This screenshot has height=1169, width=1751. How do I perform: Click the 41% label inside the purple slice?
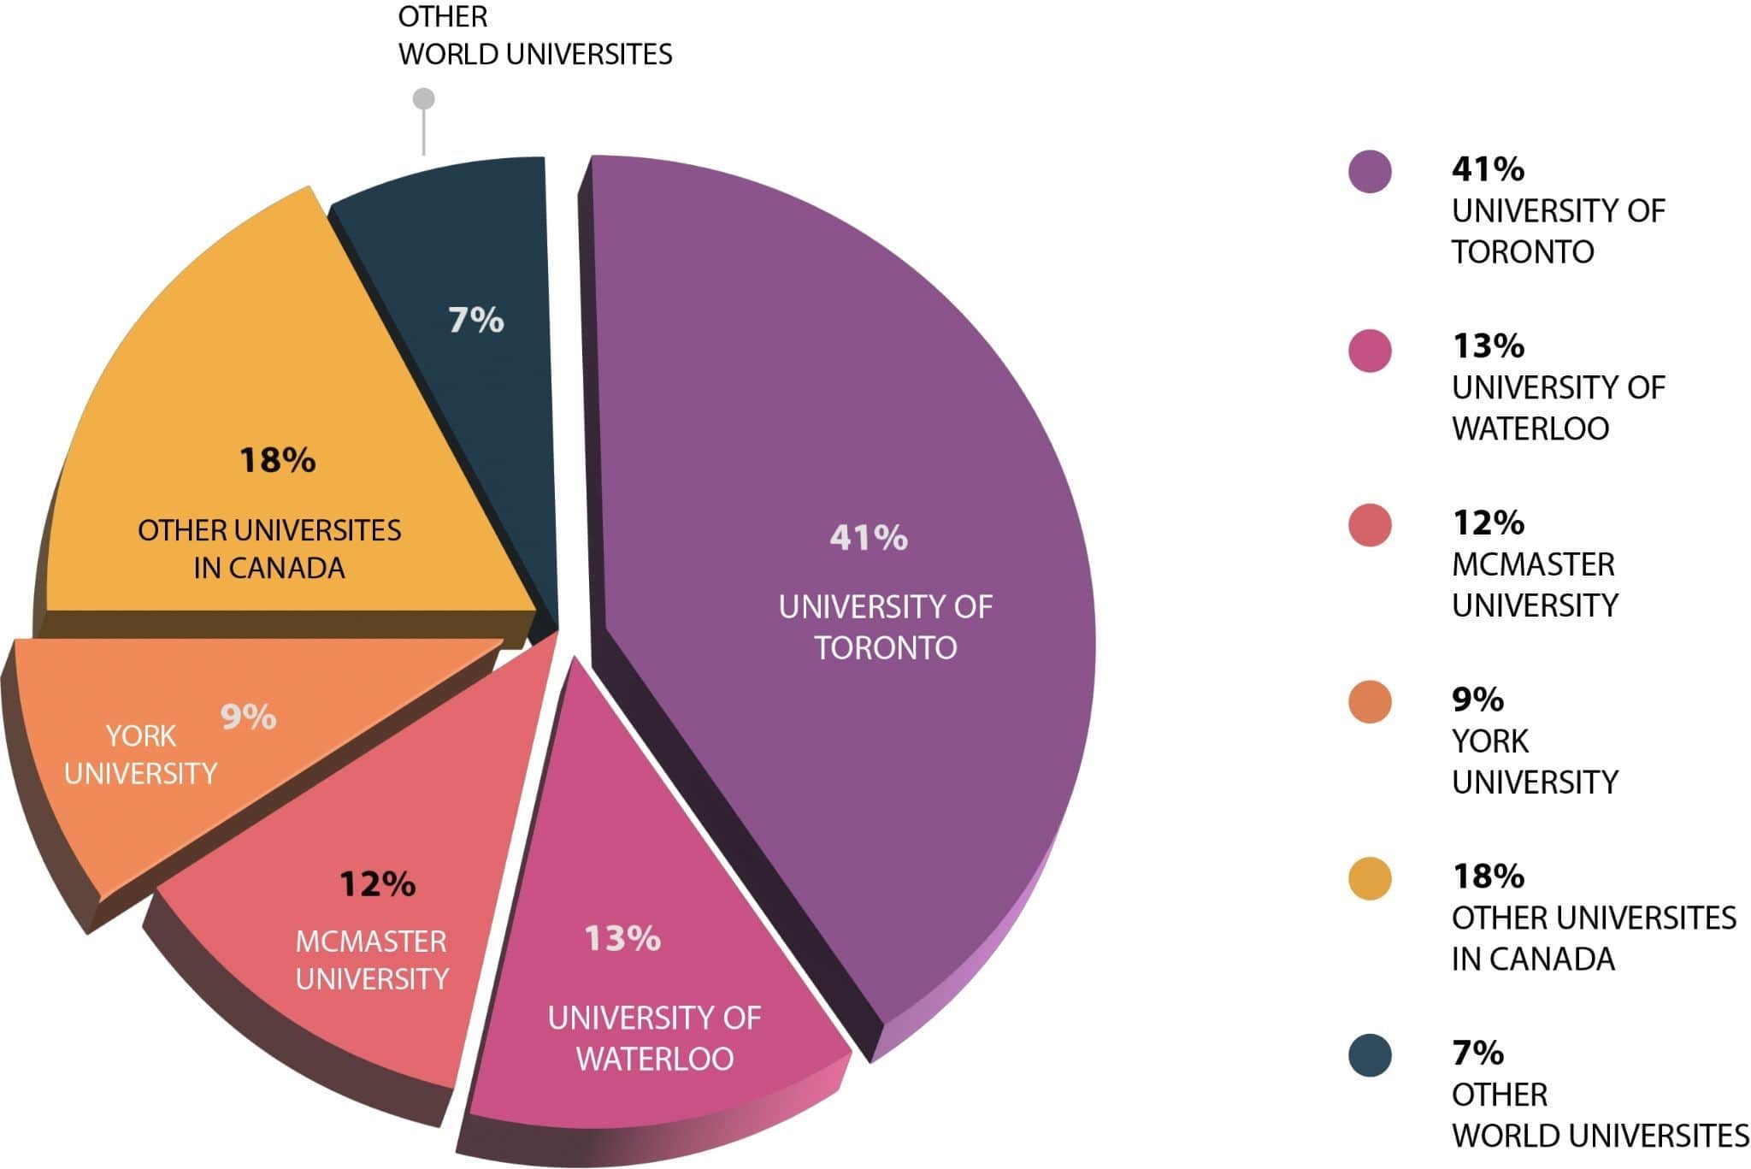pyautogui.click(x=868, y=538)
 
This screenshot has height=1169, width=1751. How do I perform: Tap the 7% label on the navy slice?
pyautogui.click(x=476, y=321)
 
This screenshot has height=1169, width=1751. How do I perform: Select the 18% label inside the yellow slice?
pyautogui.click(x=278, y=461)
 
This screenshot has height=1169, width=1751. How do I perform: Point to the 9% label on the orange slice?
pyautogui.click(x=248, y=717)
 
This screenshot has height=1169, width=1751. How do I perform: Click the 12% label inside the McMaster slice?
pyautogui.click(x=377, y=883)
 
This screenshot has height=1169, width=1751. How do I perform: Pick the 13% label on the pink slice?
pyautogui.click(x=622, y=939)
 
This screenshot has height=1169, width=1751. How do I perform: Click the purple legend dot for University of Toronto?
pyautogui.click(x=1370, y=171)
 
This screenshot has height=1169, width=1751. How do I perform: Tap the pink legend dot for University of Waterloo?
pyautogui.click(x=1370, y=350)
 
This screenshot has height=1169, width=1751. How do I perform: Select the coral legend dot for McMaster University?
pyautogui.click(x=1370, y=525)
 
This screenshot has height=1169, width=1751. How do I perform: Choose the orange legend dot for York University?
pyautogui.click(x=1370, y=702)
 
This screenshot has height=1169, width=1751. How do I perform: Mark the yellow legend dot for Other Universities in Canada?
pyautogui.click(x=1370, y=878)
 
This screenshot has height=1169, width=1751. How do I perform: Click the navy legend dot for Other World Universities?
pyautogui.click(x=1370, y=1055)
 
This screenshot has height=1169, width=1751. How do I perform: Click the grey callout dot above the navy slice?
pyautogui.click(x=423, y=99)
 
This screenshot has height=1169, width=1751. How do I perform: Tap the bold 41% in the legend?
pyautogui.click(x=1488, y=169)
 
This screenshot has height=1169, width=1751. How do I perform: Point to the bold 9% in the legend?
pyautogui.click(x=1477, y=700)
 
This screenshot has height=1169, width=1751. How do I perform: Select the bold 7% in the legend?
pyautogui.click(x=1477, y=1053)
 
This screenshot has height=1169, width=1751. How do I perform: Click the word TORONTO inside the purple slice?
pyautogui.click(x=885, y=647)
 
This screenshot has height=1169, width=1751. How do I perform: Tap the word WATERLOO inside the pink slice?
pyautogui.click(x=655, y=1059)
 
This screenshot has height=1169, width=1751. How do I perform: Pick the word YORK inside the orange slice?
pyautogui.click(x=140, y=735)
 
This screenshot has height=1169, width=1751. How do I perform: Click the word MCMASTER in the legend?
pyautogui.click(x=1533, y=564)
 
